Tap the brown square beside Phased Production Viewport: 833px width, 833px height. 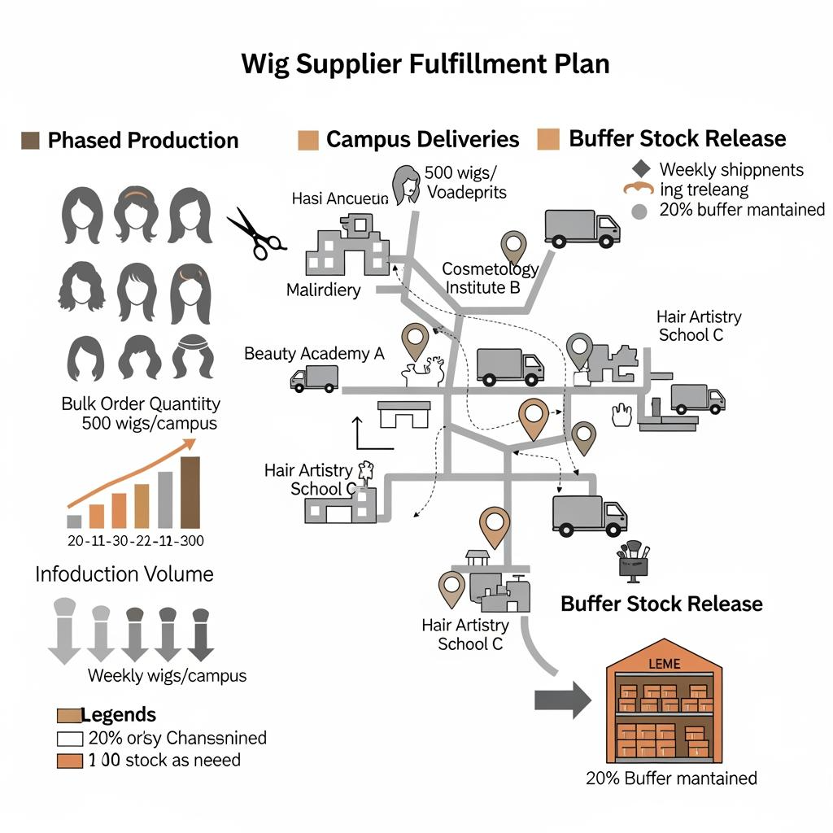tap(30, 140)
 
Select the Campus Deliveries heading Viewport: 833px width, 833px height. tap(422, 139)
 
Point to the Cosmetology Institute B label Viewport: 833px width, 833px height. tap(491, 277)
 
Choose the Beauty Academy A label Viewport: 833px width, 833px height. tap(314, 353)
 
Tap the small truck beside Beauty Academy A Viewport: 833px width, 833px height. tap(314, 377)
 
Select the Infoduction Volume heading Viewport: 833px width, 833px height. tap(124, 574)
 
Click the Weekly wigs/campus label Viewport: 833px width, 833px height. tap(167, 675)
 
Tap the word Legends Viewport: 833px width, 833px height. tap(118, 715)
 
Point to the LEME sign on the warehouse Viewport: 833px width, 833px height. tap(664, 665)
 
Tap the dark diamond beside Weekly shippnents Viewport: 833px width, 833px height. tap(641, 169)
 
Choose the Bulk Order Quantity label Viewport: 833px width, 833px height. tap(141, 403)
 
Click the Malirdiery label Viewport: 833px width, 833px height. tap(324, 290)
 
